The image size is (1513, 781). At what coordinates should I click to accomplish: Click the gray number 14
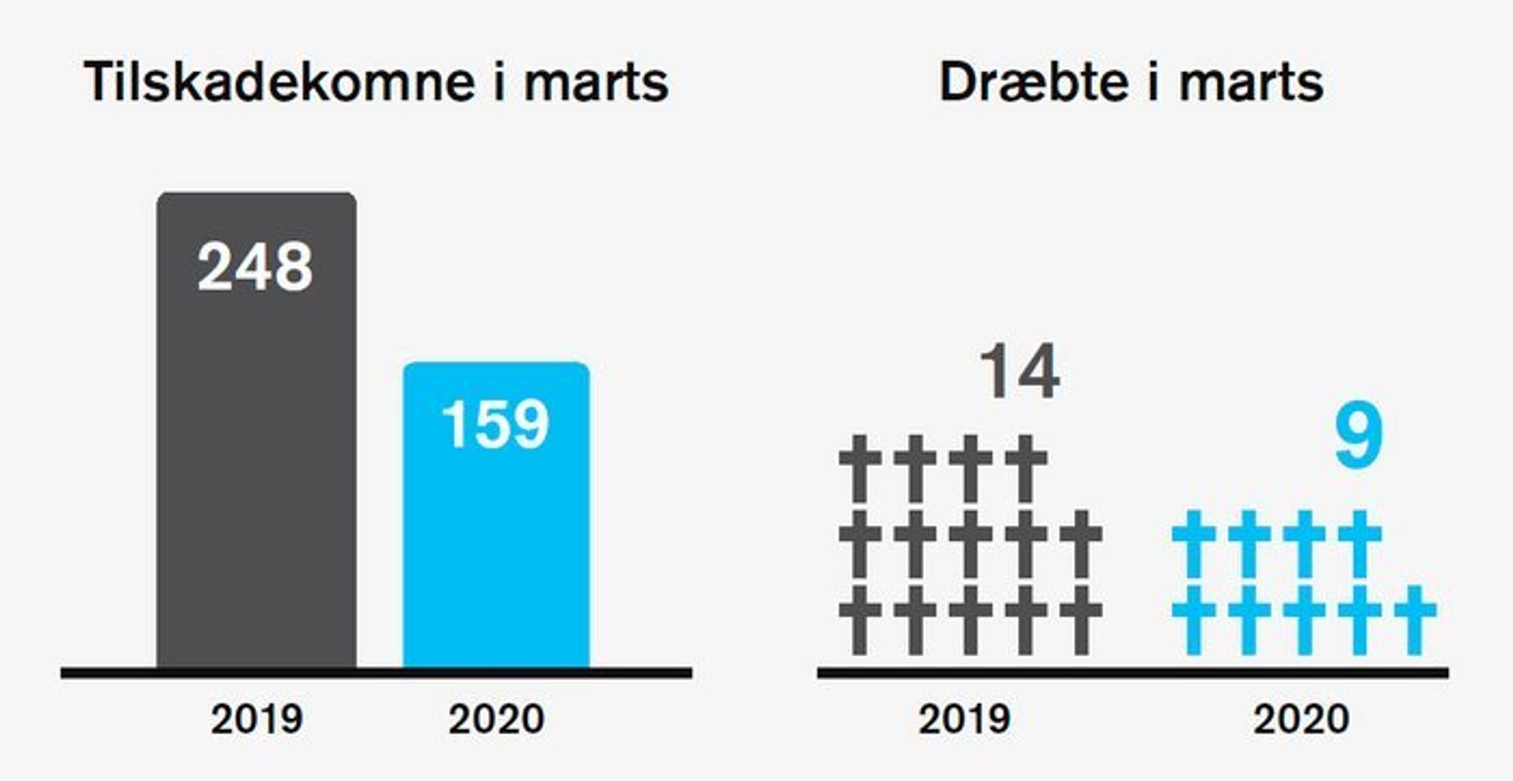1019,372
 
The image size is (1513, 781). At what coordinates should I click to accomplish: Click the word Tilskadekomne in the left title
280,82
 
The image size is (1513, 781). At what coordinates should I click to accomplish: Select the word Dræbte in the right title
1034,82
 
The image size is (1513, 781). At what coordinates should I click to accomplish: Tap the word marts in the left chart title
596,82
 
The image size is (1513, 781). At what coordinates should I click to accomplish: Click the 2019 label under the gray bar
257,719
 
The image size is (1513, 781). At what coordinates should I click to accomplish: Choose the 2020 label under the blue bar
496,719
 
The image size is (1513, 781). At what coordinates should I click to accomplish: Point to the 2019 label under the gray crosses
965,719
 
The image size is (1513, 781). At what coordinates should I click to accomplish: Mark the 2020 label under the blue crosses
1301,719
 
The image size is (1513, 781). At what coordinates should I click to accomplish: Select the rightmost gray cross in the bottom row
1081,620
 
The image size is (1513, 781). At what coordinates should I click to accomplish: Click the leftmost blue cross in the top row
1194,543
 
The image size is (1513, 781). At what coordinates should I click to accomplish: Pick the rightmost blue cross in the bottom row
1415,620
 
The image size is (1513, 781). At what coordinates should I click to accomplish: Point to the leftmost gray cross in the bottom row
860,620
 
